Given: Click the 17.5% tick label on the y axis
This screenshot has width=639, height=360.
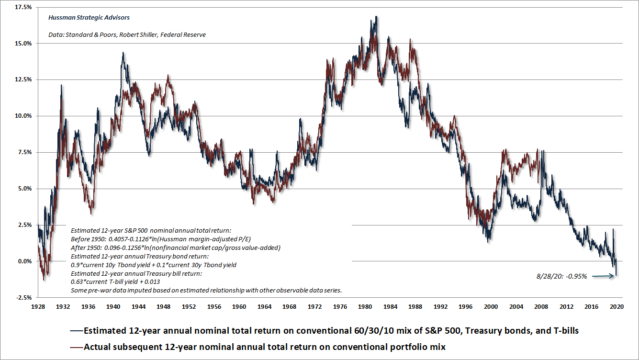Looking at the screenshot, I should click(x=23, y=7).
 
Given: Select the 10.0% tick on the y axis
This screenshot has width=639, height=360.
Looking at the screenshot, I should click(x=23, y=116).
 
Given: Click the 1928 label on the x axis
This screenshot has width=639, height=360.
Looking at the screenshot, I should click(x=38, y=306).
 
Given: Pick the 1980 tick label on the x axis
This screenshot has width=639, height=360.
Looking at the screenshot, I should click(x=364, y=306).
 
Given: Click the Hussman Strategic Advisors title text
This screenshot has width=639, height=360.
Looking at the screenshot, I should click(x=89, y=18).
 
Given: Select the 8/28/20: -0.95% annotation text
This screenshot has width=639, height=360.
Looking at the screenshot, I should click(x=561, y=276).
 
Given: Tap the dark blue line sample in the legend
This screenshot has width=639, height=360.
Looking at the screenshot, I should click(x=76, y=331).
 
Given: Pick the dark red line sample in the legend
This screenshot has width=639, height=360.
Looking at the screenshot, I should click(x=76, y=347).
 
